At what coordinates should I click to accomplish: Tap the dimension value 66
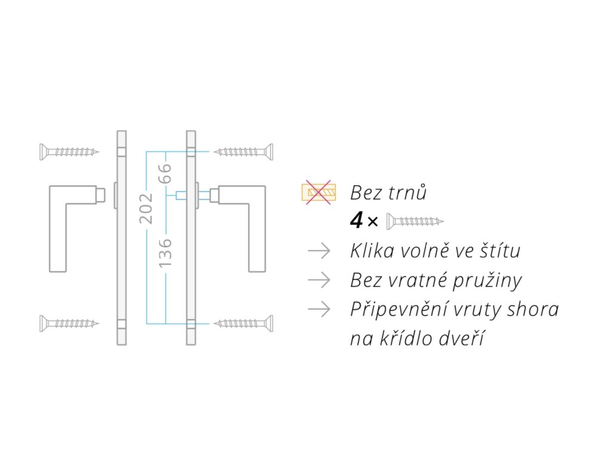coord(165,173)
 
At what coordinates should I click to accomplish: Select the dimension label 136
coord(165,252)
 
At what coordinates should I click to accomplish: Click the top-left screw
coord(69,152)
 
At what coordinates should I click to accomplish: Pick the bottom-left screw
coord(69,323)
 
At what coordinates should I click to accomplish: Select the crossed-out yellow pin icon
coord(319,192)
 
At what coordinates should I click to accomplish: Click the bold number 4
coord(356,222)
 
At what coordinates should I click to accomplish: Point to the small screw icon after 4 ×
coord(415,222)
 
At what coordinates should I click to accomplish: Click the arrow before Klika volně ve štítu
coord(319,251)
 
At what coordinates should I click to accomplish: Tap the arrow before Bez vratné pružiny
coord(319,280)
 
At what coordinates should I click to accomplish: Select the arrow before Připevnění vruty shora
coord(319,309)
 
